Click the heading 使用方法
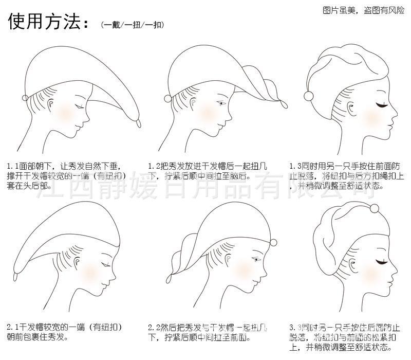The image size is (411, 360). pyautogui.click(x=45, y=22)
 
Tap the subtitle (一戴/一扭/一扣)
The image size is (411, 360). pyautogui.click(x=133, y=24)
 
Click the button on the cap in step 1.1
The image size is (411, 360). pyautogui.click(x=26, y=98)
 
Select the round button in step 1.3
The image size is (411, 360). pyautogui.click(x=310, y=95)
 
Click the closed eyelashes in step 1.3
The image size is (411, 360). pyautogui.click(x=381, y=105)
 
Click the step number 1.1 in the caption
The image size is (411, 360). pyautogui.click(x=12, y=166)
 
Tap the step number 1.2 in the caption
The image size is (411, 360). pyautogui.click(x=153, y=166)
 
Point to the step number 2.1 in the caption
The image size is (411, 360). pyautogui.click(x=12, y=327)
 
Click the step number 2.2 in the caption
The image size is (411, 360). pyautogui.click(x=153, y=327)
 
